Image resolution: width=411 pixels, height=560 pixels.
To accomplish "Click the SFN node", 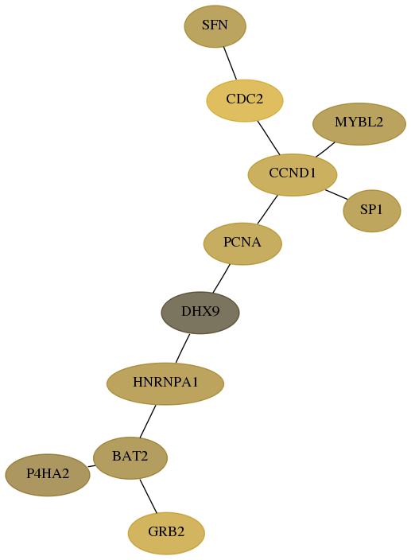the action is (215, 26).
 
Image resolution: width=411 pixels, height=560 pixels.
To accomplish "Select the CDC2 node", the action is (245, 100).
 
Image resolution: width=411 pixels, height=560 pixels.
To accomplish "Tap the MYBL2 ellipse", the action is (359, 124).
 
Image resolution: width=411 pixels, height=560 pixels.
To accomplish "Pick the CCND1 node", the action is (293, 175).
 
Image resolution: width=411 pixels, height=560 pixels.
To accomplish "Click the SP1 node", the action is (372, 211).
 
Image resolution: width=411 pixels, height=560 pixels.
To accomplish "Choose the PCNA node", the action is (242, 243).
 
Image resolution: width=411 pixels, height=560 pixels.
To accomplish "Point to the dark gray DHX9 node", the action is (200, 313).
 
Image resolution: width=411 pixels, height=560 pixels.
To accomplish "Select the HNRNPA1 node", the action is (165, 383).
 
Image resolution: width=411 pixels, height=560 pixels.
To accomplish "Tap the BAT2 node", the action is (130, 458).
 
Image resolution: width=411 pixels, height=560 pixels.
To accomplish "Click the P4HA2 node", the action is (48, 475).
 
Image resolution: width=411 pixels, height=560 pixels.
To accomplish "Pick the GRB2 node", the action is (166, 533).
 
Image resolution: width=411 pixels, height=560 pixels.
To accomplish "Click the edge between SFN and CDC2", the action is (230, 63).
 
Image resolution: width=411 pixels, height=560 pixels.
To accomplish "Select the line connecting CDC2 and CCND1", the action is (269, 138).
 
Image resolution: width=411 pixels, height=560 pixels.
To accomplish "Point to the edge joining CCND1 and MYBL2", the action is (325, 150).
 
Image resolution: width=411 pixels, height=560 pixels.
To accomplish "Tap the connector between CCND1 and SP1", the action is (336, 195).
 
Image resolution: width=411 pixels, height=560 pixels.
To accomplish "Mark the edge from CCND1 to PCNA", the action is (267, 210).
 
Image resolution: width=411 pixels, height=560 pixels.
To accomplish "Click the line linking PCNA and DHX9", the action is (221, 278).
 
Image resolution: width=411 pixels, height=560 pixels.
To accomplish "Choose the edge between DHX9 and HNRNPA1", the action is (183, 348).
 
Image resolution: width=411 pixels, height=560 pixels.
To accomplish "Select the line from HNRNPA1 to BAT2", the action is (148, 421).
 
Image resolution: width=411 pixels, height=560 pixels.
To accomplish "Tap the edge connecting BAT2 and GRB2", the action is (149, 496).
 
